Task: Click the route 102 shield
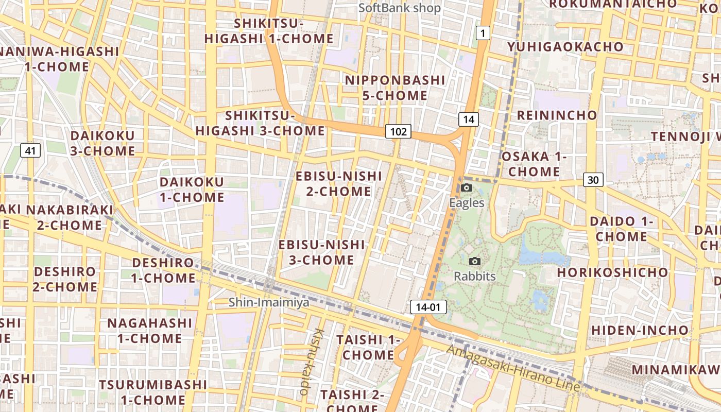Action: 398,132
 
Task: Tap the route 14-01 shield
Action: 428,307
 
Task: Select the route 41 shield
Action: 31,150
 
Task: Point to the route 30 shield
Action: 593,180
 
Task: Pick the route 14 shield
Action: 468,119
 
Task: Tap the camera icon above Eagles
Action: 467,187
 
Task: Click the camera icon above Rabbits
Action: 475,261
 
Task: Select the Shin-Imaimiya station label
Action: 269,302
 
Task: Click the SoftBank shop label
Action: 400,8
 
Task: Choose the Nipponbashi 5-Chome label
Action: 394,88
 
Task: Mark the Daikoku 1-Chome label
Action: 192,190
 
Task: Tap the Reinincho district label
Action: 557,115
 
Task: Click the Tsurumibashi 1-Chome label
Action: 153,392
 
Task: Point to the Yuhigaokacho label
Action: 565,47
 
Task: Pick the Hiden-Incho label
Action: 640,330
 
